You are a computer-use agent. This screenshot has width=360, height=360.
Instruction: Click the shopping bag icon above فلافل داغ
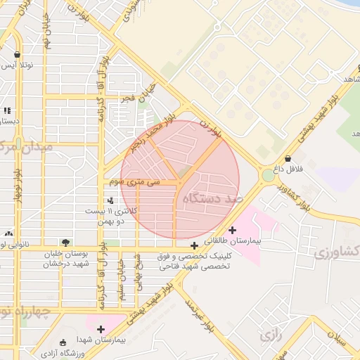(x=289, y=158)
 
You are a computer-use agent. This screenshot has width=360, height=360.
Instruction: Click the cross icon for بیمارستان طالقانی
(x=233, y=230)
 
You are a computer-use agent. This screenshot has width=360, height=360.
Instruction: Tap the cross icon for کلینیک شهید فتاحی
(x=194, y=247)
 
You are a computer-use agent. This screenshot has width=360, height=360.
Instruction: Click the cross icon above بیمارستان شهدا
(x=101, y=328)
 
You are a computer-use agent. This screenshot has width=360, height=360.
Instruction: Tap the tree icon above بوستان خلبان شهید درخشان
(x=65, y=242)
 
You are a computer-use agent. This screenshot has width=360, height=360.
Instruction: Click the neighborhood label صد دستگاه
(x=212, y=199)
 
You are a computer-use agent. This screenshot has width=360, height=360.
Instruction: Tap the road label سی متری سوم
(x=134, y=182)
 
